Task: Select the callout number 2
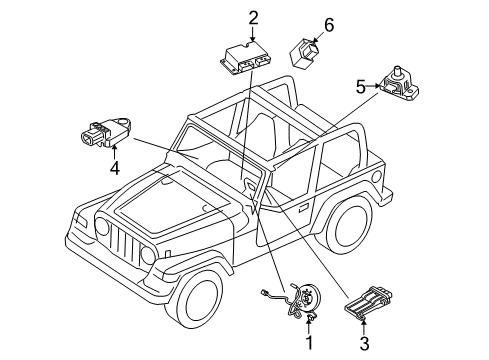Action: [254, 17]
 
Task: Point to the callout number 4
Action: [115, 168]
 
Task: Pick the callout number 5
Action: [361, 86]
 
